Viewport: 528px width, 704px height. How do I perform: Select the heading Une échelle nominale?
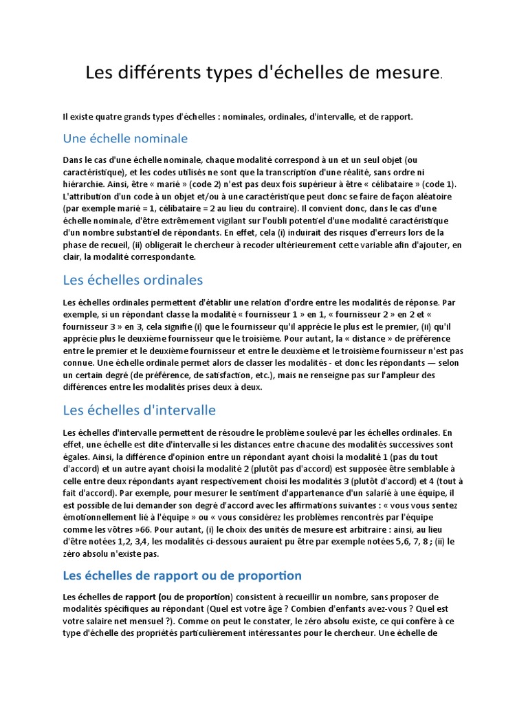tap(125, 138)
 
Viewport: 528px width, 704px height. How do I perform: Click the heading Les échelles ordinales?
tap(133, 280)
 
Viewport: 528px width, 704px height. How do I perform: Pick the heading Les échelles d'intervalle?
tap(139, 410)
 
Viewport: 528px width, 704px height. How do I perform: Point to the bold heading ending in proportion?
tap(182, 575)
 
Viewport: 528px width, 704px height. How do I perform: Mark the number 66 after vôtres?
tap(144, 529)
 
